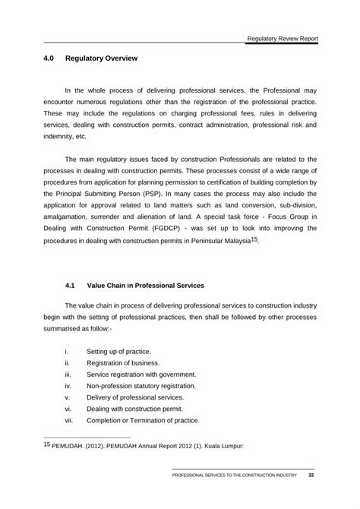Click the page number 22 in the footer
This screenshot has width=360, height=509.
click(x=311, y=476)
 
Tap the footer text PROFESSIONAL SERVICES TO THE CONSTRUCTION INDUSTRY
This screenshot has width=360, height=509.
click(x=234, y=477)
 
